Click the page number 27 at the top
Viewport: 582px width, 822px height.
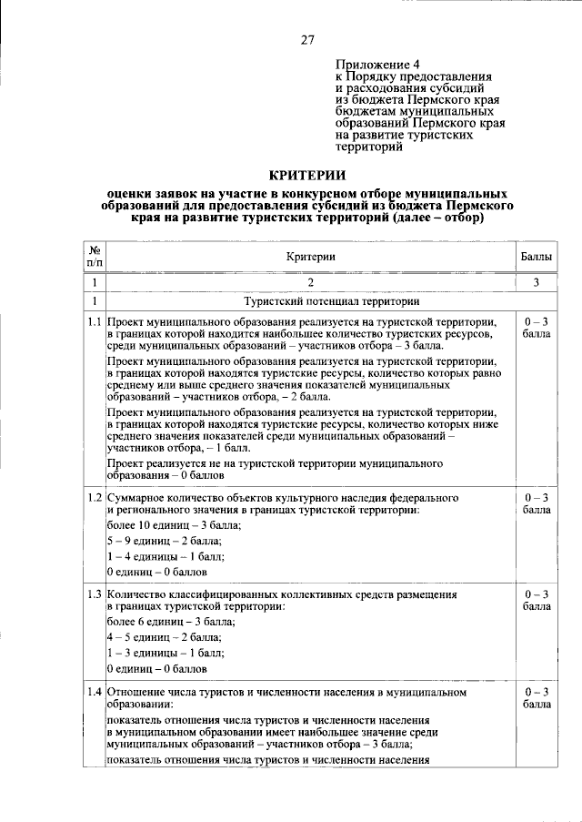[x=307, y=39]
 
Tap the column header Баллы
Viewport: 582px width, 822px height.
[x=537, y=257]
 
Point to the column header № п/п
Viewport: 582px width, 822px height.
[x=94, y=257]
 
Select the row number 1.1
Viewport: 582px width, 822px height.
[x=94, y=322]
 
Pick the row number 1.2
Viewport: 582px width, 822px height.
[x=94, y=499]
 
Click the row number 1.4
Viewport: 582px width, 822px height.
[x=94, y=693]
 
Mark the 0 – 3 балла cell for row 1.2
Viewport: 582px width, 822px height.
[x=537, y=504]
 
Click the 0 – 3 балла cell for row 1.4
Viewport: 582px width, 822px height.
[x=537, y=698]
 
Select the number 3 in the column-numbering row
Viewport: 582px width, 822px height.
[x=537, y=282]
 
